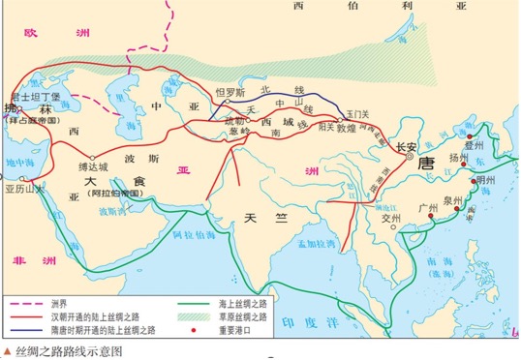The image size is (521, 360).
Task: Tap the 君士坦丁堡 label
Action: click(x=35, y=98)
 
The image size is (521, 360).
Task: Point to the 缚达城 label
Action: click(x=94, y=166)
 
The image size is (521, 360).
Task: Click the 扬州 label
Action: click(x=458, y=156)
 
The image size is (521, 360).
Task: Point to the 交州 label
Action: click(x=390, y=218)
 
